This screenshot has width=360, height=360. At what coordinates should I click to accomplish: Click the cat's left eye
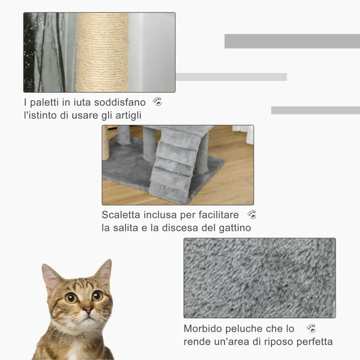(x=71, y=297)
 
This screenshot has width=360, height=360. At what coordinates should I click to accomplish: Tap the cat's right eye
(x=97, y=296)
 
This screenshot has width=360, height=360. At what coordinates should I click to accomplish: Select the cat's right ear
(x=104, y=271)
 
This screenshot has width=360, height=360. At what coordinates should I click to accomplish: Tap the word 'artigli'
(x=131, y=115)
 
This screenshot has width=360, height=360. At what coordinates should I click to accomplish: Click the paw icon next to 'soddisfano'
(x=157, y=102)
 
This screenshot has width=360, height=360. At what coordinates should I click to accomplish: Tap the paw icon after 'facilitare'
(x=252, y=215)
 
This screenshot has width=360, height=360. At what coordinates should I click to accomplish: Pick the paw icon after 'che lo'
(x=311, y=328)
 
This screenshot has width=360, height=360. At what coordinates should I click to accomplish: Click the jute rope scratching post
(x=103, y=52)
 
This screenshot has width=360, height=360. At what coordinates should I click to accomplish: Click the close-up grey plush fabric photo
(x=259, y=278)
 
